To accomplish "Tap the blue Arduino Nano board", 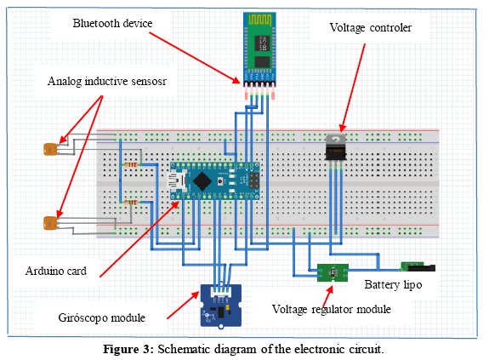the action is [214, 181].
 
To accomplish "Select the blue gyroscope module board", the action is [221, 306].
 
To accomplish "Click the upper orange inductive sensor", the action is [50, 149].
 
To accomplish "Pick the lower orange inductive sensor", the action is [50, 223].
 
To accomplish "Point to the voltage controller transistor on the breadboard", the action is [336, 148].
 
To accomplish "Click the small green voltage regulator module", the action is [333, 272].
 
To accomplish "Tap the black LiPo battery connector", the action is [418, 266].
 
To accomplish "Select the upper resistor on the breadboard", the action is [131, 165].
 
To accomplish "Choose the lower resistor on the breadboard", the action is [131, 203].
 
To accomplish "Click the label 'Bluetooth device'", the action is [112, 23].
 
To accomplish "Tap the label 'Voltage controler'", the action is [371, 28].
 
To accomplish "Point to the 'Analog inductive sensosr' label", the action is [107, 82].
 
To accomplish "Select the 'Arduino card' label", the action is [56, 271].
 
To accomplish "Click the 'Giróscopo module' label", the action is [102, 317].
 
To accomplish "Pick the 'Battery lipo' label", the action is [393, 285].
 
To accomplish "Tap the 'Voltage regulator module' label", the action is [332, 310].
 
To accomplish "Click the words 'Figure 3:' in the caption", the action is [128, 349].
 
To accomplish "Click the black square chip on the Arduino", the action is [202, 181].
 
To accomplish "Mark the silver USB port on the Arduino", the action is [177, 181].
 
